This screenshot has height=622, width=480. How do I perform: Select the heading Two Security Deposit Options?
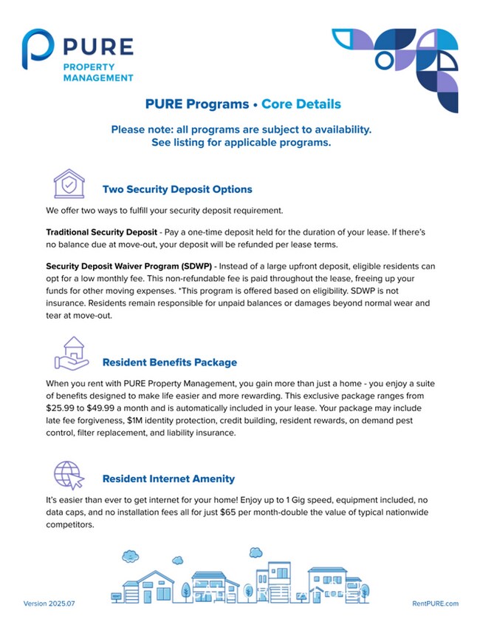[177, 189]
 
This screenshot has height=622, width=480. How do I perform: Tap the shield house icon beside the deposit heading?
[69, 183]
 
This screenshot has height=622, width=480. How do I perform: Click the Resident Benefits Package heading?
[170, 362]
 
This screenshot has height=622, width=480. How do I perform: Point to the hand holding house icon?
[71, 355]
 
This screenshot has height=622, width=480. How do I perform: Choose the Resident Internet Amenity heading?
[168, 479]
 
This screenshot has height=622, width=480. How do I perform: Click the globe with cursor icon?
[69, 473]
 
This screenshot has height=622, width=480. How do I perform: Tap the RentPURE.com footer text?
[435, 604]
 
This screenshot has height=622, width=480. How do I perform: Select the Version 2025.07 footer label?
[49, 604]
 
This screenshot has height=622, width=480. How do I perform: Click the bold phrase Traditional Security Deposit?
[101, 232]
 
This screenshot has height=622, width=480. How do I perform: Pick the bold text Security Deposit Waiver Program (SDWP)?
[129, 266]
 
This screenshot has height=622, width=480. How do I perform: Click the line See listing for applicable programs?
[241, 143]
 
